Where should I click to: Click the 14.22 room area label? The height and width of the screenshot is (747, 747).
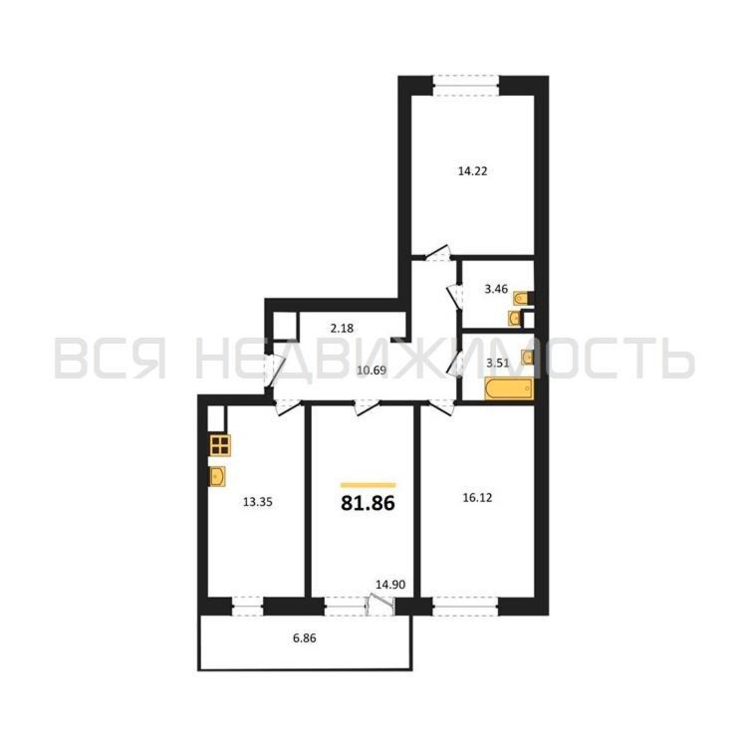pyautogui.click(x=472, y=171)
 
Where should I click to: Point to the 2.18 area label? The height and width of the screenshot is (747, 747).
pyautogui.click(x=342, y=329)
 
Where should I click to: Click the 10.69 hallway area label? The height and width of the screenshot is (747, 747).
pyautogui.click(x=372, y=371)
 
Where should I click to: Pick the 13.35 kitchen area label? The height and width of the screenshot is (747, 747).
pyautogui.click(x=258, y=502)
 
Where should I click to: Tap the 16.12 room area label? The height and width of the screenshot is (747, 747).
pyautogui.click(x=477, y=498)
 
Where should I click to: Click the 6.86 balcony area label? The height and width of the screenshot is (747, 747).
pyautogui.click(x=305, y=639)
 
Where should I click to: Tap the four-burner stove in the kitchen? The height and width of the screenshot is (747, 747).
pyautogui.click(x=220, y=446)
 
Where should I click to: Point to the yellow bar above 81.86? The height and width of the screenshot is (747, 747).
pyautogui.click(x=368, y=485)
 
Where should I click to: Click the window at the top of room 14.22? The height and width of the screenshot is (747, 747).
pyautogui.click(x=465, y=86)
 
